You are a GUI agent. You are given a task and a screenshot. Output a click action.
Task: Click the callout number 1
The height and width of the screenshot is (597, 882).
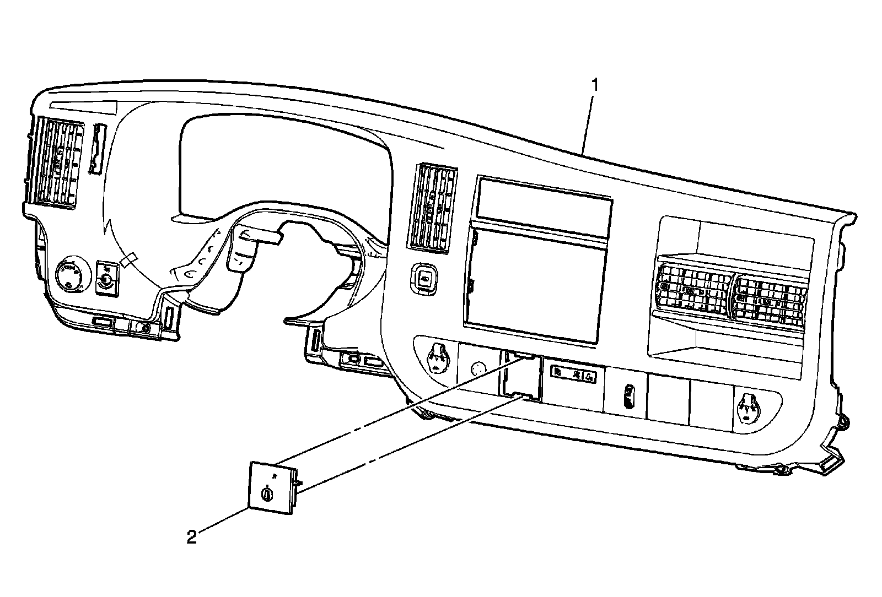(x=594, y=85)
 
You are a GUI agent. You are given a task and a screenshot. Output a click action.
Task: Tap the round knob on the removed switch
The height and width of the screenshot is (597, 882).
(x=267, y=493)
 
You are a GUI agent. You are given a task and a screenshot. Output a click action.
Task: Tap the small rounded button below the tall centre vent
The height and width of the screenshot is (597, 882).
(x=424, y=278)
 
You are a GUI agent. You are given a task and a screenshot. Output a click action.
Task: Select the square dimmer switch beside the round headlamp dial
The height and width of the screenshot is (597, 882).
(x=106, y=278)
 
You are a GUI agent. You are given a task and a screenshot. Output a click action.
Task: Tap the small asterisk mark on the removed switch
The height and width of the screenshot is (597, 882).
(x=274, y=473)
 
